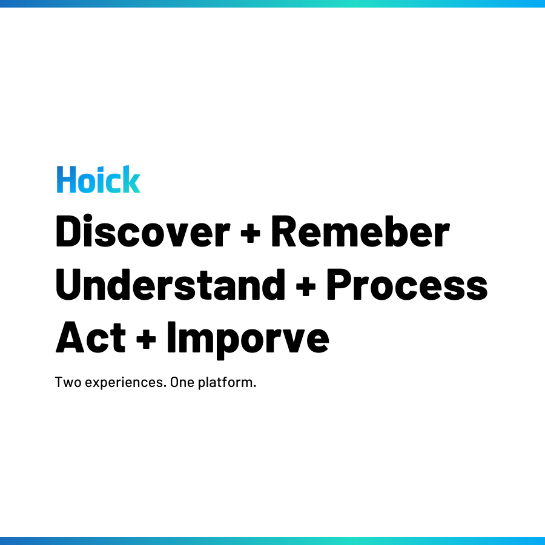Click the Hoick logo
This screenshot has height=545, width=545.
(x=98, y=179)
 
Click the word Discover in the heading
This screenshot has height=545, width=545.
(x=143, y=231)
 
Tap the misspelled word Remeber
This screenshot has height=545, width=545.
(x=360, y=231)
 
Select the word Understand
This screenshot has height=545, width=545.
(x=170, y=285)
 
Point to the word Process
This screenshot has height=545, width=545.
(x=407, y=285)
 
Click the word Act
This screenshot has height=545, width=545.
(x=90, y=337)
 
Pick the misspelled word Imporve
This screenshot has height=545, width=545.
(x=248, y=340)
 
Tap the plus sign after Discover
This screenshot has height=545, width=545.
(x=250, y=234)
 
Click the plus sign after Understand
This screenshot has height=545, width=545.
(x=306, y=287)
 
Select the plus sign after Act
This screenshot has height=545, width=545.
(x=146, y=339)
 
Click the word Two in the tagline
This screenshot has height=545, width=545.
(x=68, y=382)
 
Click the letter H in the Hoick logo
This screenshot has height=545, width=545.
(x=66, y=179)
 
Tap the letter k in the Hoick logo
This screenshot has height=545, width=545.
(x=131, y=179)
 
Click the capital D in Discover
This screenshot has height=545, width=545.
(x=69, y=231)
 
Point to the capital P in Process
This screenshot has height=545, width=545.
(x=339, y=285)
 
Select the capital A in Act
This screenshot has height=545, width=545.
(x=70, y=337)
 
